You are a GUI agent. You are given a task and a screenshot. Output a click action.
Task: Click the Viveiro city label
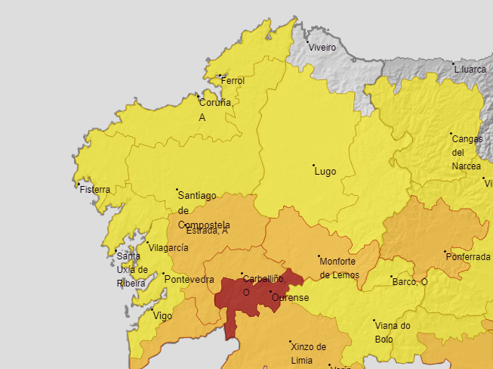[322, 48]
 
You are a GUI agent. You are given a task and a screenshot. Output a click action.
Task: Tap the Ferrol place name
[233, 81]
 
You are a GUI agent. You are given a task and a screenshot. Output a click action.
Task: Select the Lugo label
[325, 172]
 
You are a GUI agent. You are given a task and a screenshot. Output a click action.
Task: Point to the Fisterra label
[94, 190]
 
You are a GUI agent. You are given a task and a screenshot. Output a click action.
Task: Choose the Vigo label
[163, 316]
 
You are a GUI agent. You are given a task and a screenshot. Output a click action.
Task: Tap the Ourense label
[291, 298]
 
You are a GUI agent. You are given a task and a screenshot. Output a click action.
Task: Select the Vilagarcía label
[168, 248]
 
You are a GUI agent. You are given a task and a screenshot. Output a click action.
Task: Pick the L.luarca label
[470, 70]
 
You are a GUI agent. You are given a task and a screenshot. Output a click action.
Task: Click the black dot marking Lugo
[314, 165]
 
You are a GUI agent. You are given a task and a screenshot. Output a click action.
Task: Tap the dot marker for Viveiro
[308, 42]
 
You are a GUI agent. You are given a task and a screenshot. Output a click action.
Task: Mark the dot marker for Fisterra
[79, 184]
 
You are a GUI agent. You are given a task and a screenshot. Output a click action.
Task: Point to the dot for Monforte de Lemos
[319, 256]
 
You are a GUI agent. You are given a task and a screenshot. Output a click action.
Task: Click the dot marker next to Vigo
[152, 310]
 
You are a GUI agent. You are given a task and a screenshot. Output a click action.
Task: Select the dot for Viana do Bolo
[374, 321]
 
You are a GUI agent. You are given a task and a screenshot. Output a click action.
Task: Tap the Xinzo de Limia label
[308, 352]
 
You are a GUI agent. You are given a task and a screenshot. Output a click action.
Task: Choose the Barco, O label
[410, 282]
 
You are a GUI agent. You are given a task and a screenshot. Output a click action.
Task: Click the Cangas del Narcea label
[467, 152]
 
